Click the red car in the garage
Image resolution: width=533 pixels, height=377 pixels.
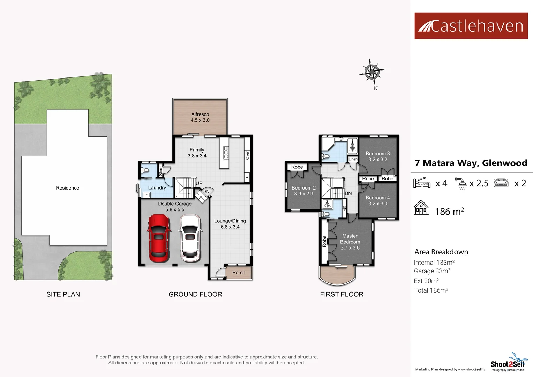coord(159,238)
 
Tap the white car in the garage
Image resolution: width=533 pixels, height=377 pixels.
coord(190,238)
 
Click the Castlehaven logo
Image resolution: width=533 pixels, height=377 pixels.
coord(471,26)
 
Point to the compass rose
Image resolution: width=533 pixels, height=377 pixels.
coord(372,72)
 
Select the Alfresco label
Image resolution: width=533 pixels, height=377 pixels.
coord(200,114)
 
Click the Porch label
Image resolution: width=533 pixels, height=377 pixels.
coord(239,273)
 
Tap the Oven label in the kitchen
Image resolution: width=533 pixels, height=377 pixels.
coord(247,155)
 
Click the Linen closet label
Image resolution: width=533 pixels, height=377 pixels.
coord(353,159)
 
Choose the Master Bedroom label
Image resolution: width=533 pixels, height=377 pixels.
coord(350,239)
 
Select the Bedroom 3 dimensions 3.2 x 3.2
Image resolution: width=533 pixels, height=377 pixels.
coord(378,160)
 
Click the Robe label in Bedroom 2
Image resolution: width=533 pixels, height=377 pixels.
coord(297,167)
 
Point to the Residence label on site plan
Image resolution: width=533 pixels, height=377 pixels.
coord(67,188)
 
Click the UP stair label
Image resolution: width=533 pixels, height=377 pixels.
coord(199,183)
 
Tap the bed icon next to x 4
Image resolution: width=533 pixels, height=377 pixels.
coord(422,183)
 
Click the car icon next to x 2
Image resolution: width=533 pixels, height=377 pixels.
coord(501,183)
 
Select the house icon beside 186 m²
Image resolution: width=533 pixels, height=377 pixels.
coord(421,208)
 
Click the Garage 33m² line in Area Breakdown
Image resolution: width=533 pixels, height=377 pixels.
coord(432,271)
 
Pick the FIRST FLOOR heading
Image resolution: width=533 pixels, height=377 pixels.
coord(341,294)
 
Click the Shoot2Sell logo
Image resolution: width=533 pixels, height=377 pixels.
coord(508,363)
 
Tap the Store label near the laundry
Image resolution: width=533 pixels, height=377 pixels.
coord(161,171)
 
